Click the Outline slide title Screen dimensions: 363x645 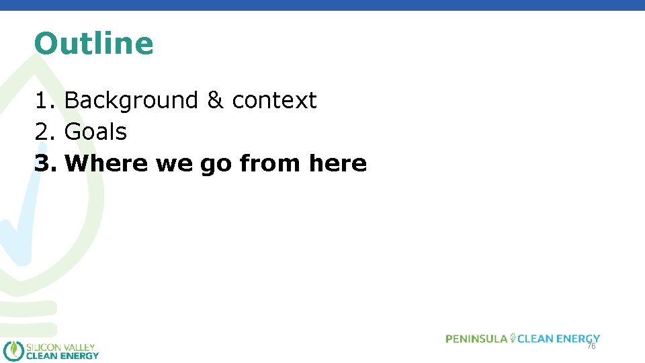pyautogui.click(x=94, y=44)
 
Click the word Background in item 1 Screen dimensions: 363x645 pyautogui.click(x=131, y=100)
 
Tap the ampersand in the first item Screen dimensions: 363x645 pyautogui.click(x=215, y=100)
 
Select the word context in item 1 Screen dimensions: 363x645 pyautogui.click(x=274, y=100)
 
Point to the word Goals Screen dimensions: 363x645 pyautogui.click(x=95, y=132)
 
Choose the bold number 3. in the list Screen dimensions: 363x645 pyautogui.click(x=46, y=163)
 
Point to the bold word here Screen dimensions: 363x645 pyautogui.click(x=338, y=163)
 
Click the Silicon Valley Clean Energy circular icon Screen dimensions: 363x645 pyautogui.click(x=13, y=351)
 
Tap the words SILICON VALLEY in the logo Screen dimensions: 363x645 pyautogui.click(x=60, y=347)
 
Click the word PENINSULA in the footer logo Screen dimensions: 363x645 pyautogui.click(x=476, y=339)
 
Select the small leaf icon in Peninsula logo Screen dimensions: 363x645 pyautogui.click(x=513, y=338)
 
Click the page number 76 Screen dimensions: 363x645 pyautogui.click(x=591, y=346)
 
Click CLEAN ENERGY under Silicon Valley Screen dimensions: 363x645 pyautogui.click(x=62, y=356)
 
